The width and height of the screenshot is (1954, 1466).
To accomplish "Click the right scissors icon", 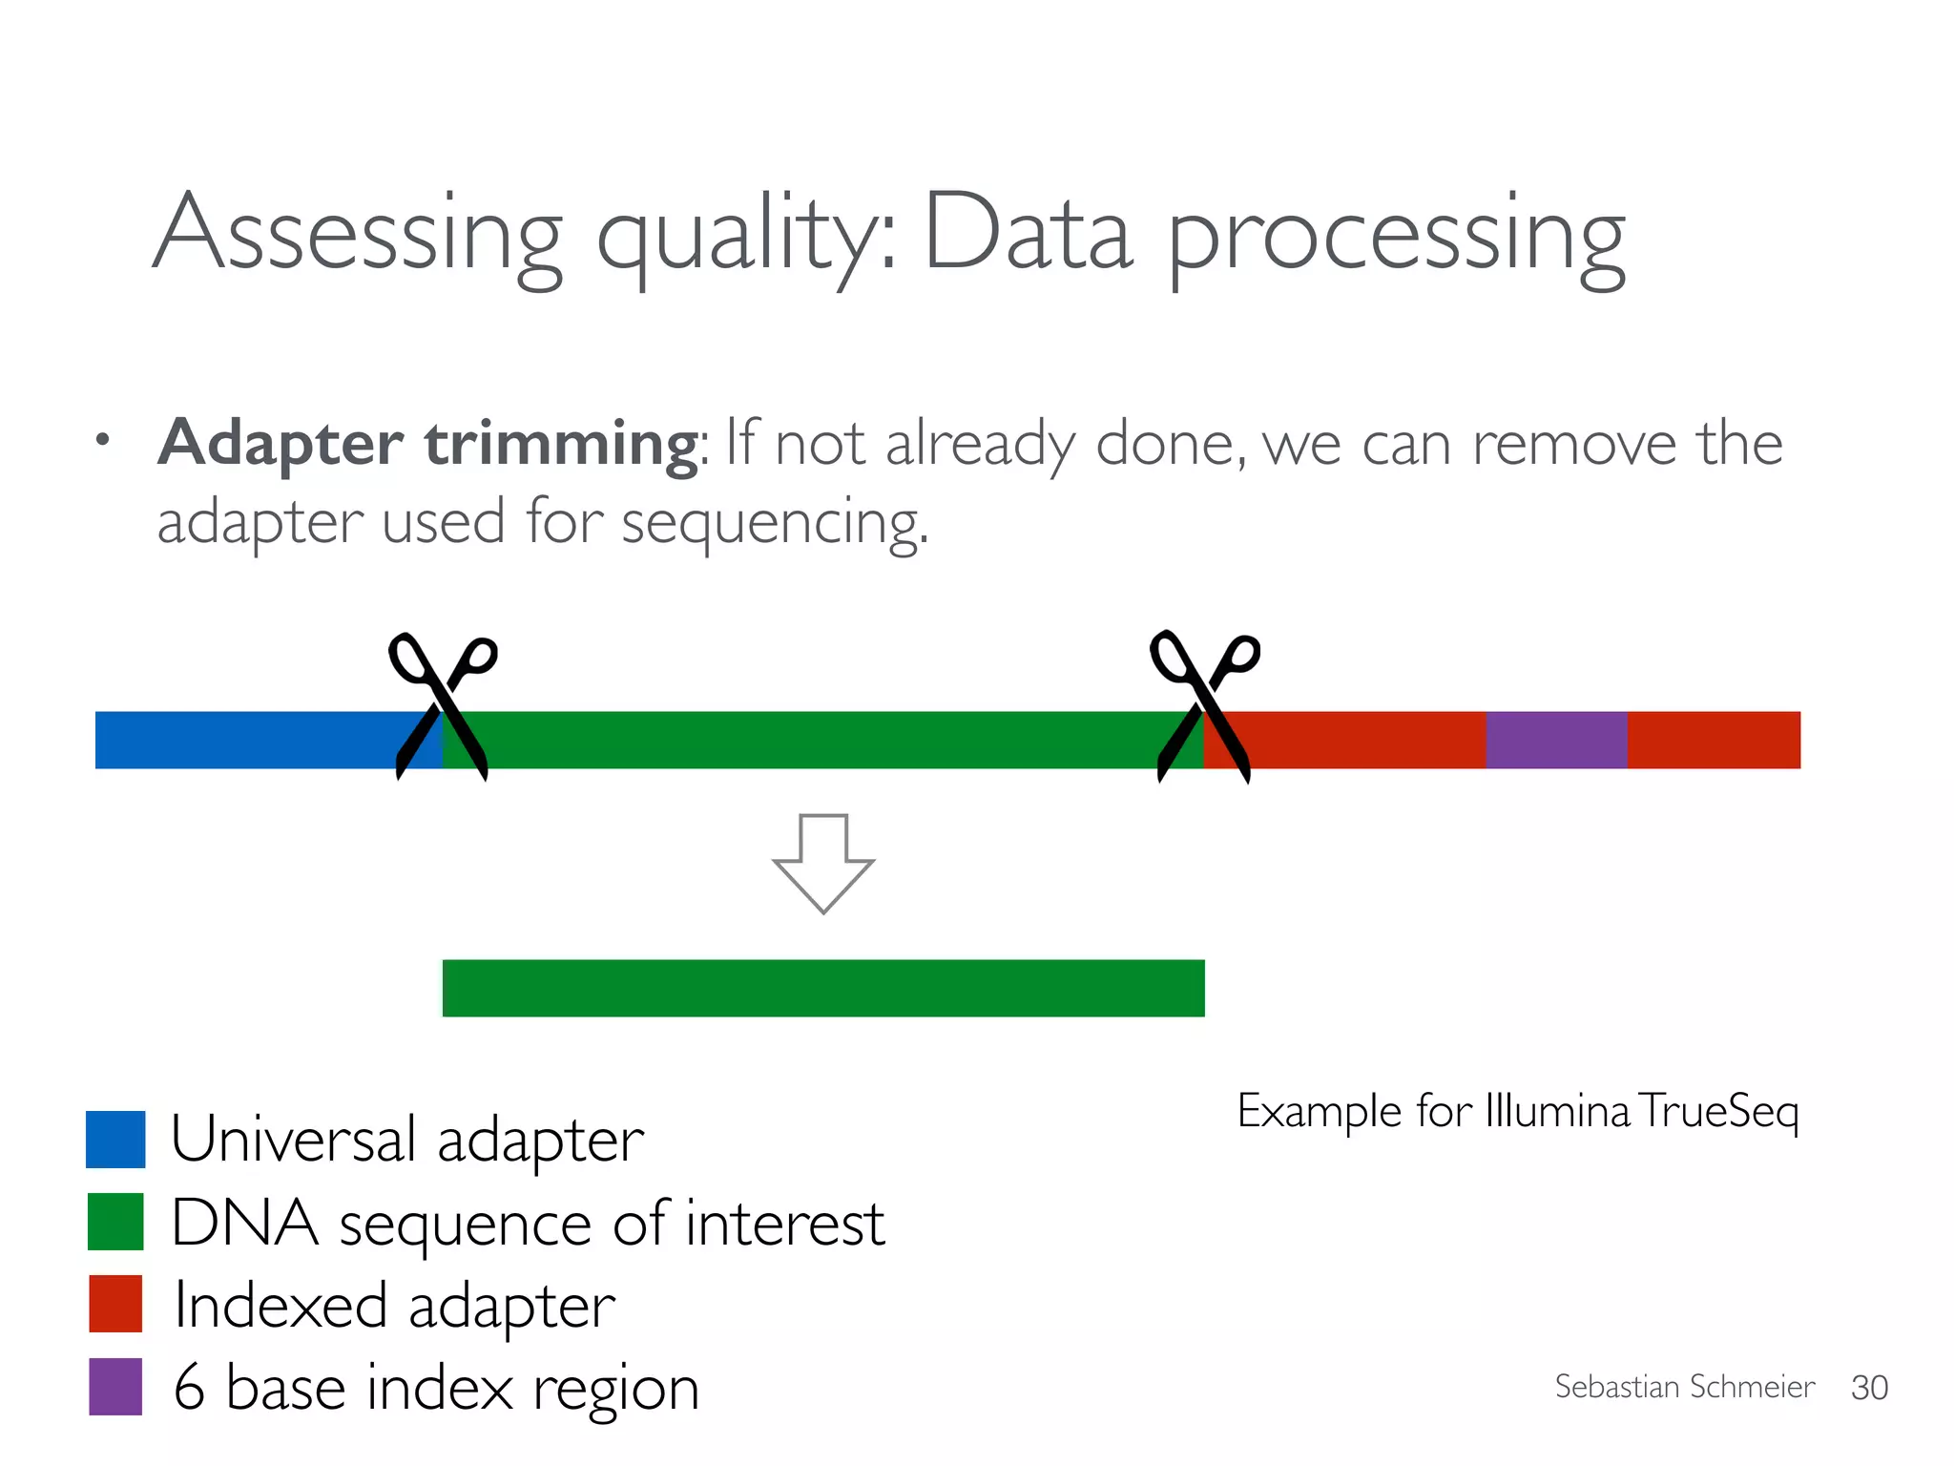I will [1204, 706].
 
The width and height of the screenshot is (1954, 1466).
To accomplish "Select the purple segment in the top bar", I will [1556, 740].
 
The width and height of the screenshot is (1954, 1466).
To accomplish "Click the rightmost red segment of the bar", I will [1714, 740].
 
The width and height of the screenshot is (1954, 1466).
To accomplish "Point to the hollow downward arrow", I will [823, 863].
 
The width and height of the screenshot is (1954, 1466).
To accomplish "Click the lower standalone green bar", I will [823, 988].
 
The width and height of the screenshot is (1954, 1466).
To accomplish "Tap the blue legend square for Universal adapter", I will [115, 1139].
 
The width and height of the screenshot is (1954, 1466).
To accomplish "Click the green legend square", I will [115, 1222].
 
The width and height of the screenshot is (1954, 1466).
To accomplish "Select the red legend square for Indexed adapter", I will [115, 1304].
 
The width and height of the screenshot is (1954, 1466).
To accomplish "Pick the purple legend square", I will [115, 1386].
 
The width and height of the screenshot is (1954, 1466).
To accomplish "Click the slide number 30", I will [1869, 1388].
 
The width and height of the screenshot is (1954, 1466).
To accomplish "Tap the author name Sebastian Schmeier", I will [1684, 1387].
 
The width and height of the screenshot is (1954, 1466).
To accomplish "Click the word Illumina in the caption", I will [1557, 1112].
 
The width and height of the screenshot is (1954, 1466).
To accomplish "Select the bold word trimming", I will [563, 444].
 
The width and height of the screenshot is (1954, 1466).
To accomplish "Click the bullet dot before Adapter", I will [103, 441].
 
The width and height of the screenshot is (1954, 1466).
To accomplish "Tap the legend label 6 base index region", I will [437, 1388].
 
